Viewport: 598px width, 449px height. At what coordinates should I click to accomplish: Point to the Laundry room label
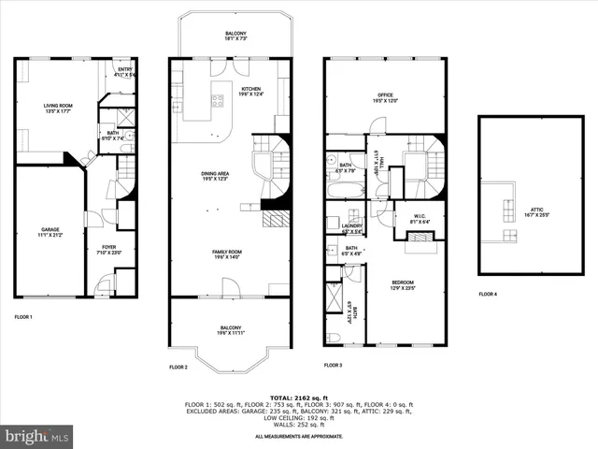tap(352, 227)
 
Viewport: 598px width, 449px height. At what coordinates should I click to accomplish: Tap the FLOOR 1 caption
tap(23, 317)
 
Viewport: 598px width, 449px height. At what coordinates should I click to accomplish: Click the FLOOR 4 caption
tap(489, 294)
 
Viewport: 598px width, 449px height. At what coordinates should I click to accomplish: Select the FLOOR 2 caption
tap(178, 368)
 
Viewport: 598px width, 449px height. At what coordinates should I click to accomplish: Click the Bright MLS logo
tap(37, 436)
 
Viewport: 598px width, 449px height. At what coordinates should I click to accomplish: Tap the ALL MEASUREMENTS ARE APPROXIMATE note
tap(299, 436)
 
